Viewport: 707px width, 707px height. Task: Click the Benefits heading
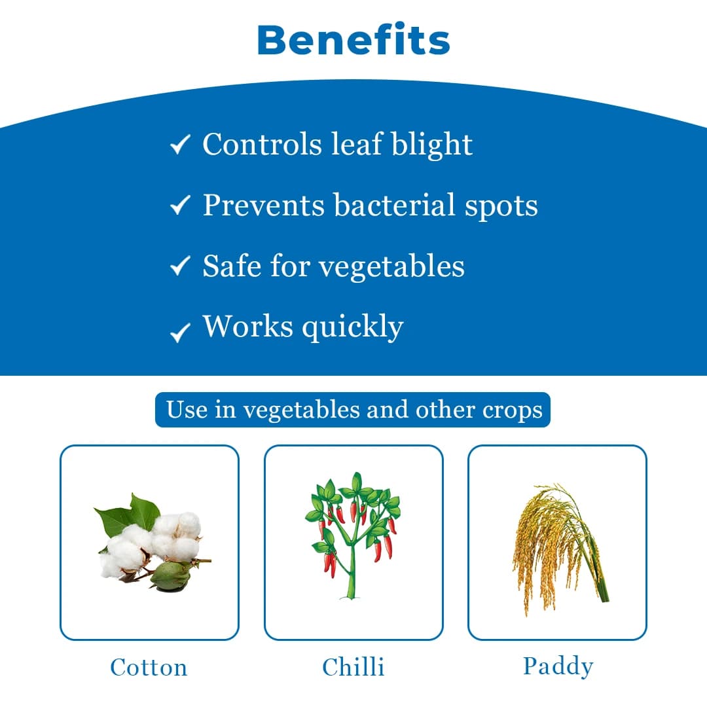(x=353, y=41)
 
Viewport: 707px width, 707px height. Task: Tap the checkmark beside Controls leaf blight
(x=179, y=145)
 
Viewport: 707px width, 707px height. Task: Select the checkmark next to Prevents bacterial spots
(x=179, y=206)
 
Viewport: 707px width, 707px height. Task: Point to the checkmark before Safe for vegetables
(x=179, y=266)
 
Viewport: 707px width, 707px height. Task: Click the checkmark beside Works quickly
(x=179, y=333)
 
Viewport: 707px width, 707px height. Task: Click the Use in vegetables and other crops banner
(x=353, y=410)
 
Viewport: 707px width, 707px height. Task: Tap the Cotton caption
(x=149, y=667)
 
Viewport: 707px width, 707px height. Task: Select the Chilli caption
(x=353, y=667)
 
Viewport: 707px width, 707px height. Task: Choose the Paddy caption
(x=558, y=666)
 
